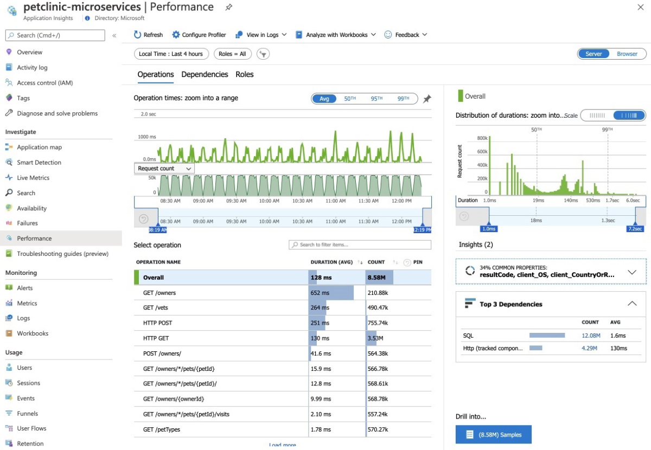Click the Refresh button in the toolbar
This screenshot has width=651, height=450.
pos(148,35)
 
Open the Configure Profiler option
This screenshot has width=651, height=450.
pos(199,35)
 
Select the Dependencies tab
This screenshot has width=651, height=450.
pos(205,74)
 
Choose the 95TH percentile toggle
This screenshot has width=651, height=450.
pos(376,99)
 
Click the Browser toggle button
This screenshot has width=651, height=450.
pos(627,54)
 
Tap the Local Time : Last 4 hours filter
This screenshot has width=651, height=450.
pos(171,54)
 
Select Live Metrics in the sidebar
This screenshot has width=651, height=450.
pos(33,178)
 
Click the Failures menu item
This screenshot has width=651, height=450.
pos(27,223)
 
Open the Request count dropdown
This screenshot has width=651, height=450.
pos(164,169)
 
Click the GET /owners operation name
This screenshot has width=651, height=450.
pos(159,293)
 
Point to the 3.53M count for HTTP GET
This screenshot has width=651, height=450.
pos(375,338)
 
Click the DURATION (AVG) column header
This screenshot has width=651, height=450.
pos(331,262)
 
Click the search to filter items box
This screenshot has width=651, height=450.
pos(360,245)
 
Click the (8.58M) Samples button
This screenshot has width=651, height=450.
pos(493,434)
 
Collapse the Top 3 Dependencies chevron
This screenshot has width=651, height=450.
pos(632,304)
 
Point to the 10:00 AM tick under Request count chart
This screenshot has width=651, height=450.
pos(269,201)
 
